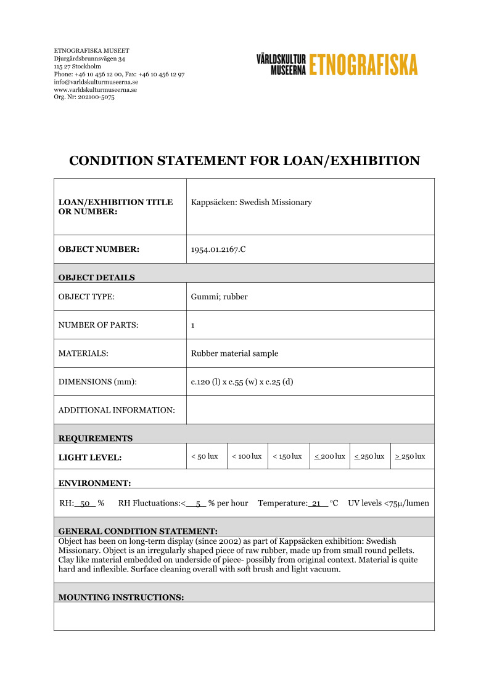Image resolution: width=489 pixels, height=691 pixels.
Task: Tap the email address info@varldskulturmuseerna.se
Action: click(96, 82)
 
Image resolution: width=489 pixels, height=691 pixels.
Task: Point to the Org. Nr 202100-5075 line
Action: click(84, 97)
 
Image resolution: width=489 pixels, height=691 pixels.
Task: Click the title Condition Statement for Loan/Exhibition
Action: click(244, 161)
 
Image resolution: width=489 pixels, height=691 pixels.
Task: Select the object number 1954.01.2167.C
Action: click(218, 249)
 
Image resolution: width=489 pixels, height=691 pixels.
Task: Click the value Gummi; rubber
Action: click(219, 296)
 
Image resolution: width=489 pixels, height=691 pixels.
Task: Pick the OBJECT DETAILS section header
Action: click(96, 277)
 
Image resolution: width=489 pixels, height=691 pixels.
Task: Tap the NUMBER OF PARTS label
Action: click(98, 325)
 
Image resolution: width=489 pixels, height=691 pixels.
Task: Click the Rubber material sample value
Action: click(234, 354)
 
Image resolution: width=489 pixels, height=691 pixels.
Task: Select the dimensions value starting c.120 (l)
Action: click(242, 382)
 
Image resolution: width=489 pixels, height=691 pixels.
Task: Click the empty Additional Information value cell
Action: click(310, 410)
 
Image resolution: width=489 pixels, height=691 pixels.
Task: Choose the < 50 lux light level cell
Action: click(205, 456)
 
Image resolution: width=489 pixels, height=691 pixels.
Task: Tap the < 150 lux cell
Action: click(287, 456)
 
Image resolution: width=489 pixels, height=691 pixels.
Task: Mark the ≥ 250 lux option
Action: click(410, 456)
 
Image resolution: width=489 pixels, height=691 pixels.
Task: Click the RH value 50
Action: click(86, 503)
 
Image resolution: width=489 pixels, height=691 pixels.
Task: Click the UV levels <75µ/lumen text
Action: click(388, 503)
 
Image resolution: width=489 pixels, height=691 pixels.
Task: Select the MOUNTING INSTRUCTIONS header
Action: click(121, 597)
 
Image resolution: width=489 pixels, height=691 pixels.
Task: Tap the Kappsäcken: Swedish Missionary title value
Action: click(252, 203)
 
